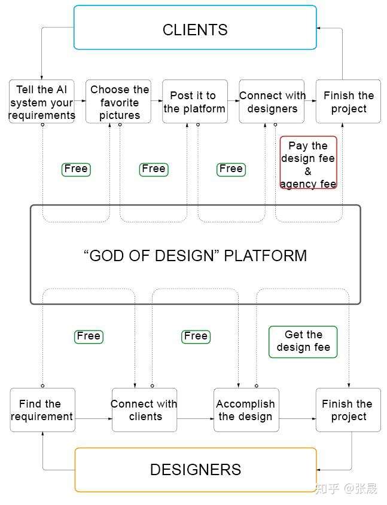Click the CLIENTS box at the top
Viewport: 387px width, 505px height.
tap(195, 27)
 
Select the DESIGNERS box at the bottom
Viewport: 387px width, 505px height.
tap(195, 470)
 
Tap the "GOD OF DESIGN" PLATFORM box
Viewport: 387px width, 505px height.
tap(195, 255)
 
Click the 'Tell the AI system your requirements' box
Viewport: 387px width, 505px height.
tap(42, 102)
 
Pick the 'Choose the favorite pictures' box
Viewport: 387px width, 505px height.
tap(118, 102)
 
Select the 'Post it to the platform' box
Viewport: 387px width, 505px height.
tap(194, 102)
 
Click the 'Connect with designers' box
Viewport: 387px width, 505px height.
tap(272, 102)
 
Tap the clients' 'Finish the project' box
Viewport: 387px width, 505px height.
tap(348, 102)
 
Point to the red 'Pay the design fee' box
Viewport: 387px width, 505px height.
tap(308, 163)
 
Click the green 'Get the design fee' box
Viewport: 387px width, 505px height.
tap(303, 342)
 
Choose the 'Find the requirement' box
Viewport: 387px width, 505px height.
tap(42, 410)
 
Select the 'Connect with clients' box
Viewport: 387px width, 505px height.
tap(144, 410)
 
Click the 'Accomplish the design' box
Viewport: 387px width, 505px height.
tap(246, 410)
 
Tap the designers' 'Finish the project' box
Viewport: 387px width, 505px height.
tap(348, 410)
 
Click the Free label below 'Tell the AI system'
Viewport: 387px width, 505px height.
tap(76, 169)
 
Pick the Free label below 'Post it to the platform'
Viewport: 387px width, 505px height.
tap(230, 169)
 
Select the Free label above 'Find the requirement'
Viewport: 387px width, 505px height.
tap(89, 336)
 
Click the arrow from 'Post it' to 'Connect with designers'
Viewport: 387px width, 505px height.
tap(233, 102)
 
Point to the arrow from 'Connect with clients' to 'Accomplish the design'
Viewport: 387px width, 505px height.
tap(196, 418)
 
